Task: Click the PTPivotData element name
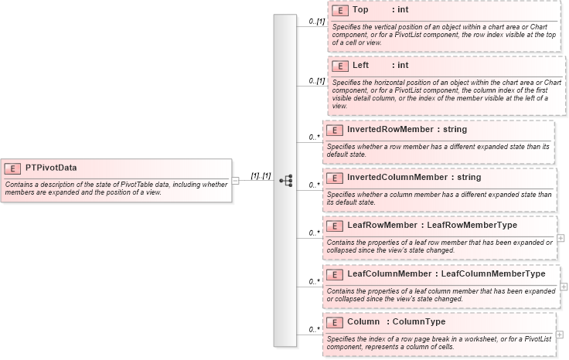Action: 51,168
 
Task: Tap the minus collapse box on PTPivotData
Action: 235,180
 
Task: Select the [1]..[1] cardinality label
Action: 261,176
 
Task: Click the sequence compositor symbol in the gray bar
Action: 285,180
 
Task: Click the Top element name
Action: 360,10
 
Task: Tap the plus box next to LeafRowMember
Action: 560,238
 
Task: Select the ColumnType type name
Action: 419,321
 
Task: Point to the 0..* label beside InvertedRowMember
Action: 314,138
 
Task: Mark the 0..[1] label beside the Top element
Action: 315,22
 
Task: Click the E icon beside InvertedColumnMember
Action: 335,178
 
